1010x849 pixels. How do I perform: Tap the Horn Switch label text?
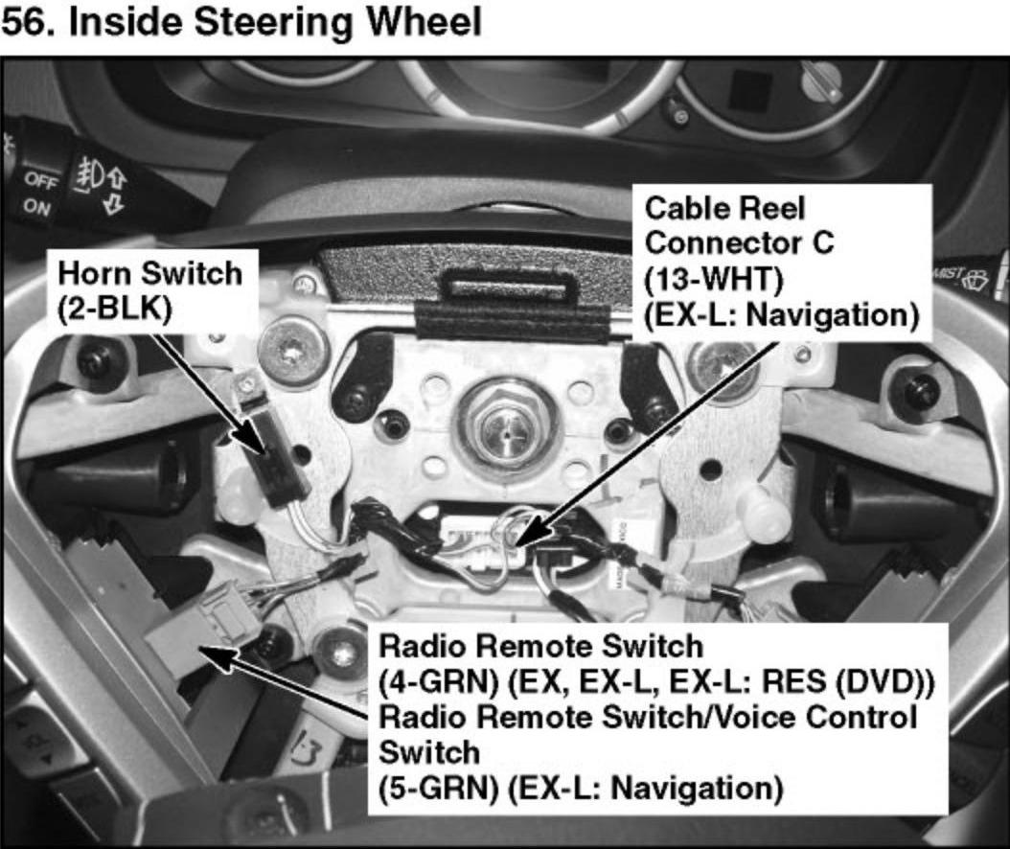pos(150,273)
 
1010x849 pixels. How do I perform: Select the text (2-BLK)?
pos(114,313)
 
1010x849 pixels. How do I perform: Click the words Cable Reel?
pos(712,209)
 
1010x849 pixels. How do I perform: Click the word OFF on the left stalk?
pos(41,179)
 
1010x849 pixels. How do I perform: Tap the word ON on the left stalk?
pos(36,207)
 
